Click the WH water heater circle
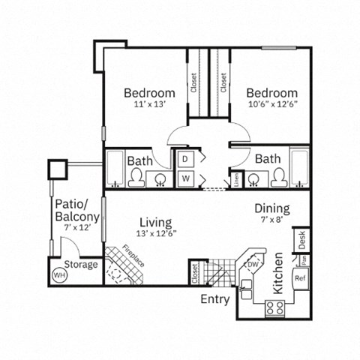[x=58, y=275]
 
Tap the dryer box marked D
[x=185, y=159]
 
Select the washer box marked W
[x=185, y=178]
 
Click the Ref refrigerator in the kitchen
[x=300, y=277]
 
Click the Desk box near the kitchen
[x=301, y=241]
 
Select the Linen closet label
[x=235, y=180]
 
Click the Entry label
[x=215, y=299]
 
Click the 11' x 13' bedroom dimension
[x=149, y=106]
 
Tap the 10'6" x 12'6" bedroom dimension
[x=273, y=106]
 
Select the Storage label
[x=80, y=265]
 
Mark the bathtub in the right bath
[x=298, y=169]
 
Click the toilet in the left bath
[x=136, y=177]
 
